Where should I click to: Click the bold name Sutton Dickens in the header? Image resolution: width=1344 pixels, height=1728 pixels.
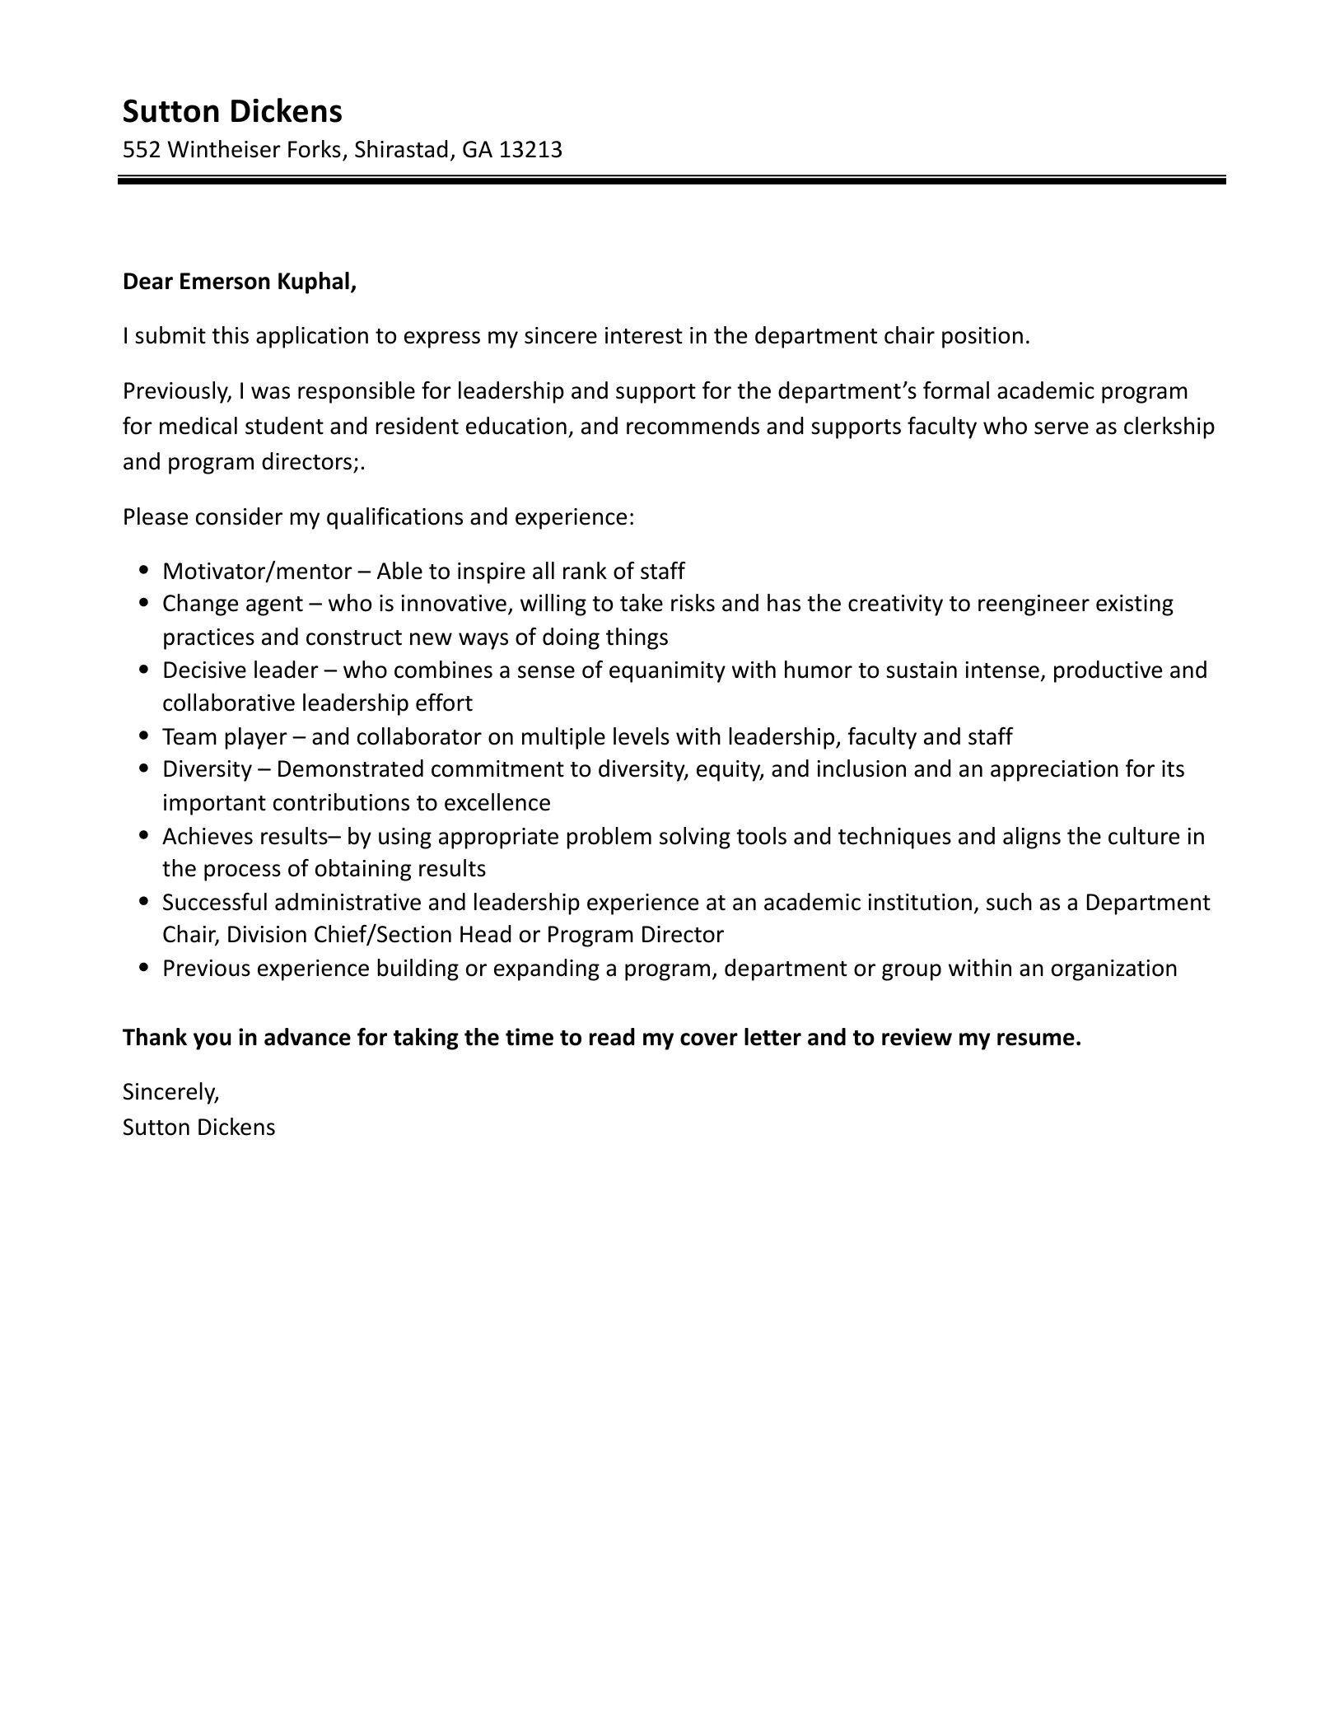pyautogui.click(x=232, y=111)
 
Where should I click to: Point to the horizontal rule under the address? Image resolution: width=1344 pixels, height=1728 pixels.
pyautogui.click(x=671, y=180)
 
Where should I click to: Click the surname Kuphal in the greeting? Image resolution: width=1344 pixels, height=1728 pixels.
pyautogui.click(x=316, y=282)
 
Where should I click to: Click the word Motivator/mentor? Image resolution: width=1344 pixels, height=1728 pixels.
pyautogui.click(x=258, y=571)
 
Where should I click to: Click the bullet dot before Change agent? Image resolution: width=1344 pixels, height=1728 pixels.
pyautogui.click(x=145, y=603)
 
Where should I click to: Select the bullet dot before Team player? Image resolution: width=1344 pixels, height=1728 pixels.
pyautogui.click(x=145, y=736)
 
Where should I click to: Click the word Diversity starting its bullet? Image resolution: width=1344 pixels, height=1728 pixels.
pyautogui.click(x=207, y=769)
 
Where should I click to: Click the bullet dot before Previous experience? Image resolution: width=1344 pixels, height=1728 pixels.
pyautogui.click(x=145, y=968)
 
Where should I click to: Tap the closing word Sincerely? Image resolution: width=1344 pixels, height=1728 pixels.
pyautogui.click(x=170, y=1092)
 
